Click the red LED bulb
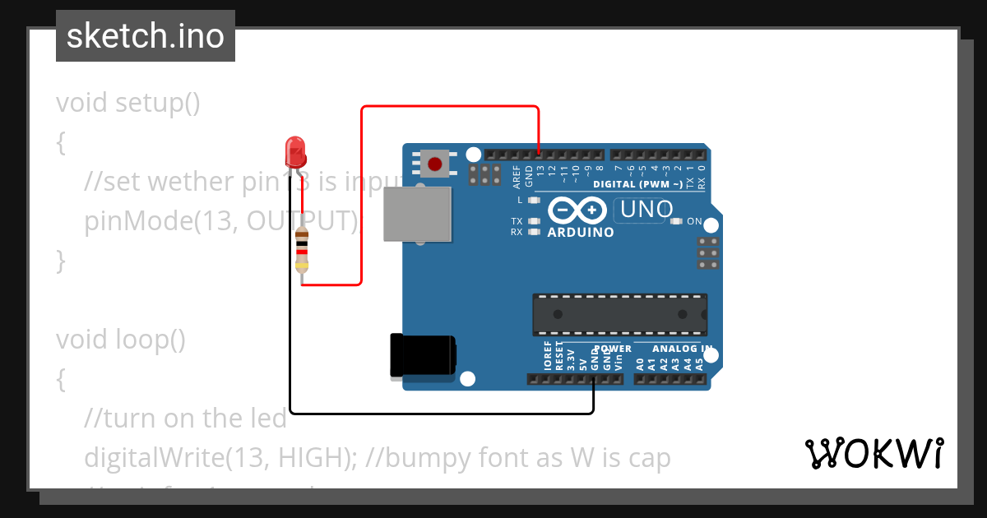pos(295,152)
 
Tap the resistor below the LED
pos(302,250)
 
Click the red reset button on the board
pos(434,164)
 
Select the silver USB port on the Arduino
pos(418,214)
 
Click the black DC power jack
pos(423,356)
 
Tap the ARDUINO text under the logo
pos(581,233)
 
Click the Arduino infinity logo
pos(579,211)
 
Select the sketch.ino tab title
pos(146,36)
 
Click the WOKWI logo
pos(874,453)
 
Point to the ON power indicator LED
pos(677,221)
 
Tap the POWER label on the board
pos(613,349)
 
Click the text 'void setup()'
pos(128,104)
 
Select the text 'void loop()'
pos(121,339)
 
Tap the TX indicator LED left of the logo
pos(535,221)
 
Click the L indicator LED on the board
pos(535,200)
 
